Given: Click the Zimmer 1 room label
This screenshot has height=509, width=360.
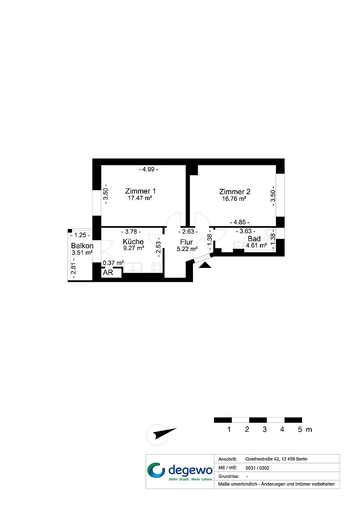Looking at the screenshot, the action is click(140, 191).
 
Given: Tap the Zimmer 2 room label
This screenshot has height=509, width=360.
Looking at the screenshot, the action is click(234, 192).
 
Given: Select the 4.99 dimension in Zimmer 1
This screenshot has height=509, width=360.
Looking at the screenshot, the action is click(148, 169).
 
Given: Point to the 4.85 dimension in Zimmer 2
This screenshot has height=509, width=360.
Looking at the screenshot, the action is click(239, 222).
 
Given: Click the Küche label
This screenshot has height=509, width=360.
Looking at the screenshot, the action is click(133, 242).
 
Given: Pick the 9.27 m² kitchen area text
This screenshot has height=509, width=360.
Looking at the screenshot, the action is click(134, 248).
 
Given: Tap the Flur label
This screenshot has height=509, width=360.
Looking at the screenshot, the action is click(186, 242).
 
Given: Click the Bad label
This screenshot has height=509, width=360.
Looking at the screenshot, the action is click(254, 238).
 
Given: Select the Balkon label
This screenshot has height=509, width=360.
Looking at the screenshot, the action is click(82, 246).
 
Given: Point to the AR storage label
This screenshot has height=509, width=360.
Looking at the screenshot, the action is click(108, 272).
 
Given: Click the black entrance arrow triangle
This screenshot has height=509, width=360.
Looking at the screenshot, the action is click(205, 265).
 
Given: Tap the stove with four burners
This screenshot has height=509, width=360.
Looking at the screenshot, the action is click(157, 268).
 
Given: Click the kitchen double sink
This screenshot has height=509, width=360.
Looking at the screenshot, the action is click(133, 267).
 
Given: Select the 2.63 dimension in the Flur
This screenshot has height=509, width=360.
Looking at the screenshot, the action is click(188, 231).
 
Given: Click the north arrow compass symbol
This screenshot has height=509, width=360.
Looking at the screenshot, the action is click(161, 434).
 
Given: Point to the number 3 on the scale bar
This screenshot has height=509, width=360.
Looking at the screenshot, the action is click(264, 430).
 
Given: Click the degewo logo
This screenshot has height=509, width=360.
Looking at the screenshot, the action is click(180, 471).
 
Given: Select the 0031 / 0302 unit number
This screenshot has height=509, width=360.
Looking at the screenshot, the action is click(257, 468).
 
